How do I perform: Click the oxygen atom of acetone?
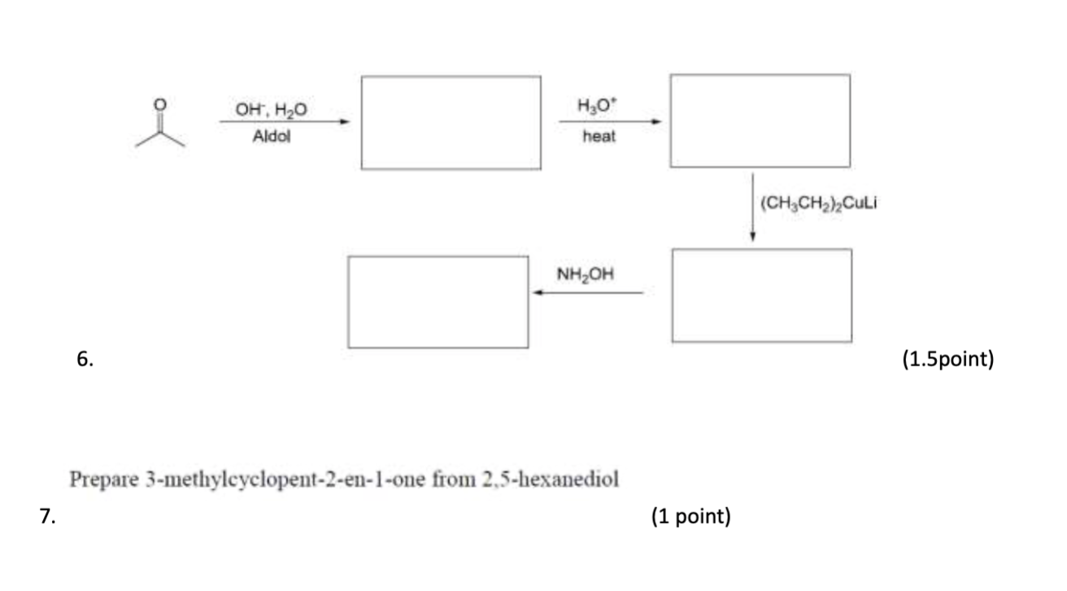click(x=160, y=105)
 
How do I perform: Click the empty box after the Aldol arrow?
click(x=451, y=123)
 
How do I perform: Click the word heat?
click(x=599, y=137)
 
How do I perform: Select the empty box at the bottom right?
click(x=762, y=295)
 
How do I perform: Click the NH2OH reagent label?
click(x=585, y=274)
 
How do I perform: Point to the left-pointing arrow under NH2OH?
click(x=588, y=292)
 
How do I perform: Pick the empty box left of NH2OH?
click(x=438, y=302)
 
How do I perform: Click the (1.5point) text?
click(x=947, y=359)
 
